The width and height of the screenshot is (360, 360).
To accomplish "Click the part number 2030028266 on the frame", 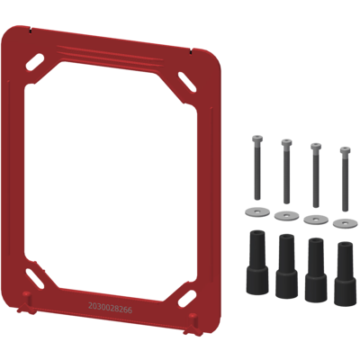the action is point(110,308).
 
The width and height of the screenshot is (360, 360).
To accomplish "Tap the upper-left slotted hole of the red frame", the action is point(35,62).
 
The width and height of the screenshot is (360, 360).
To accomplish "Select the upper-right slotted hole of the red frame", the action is point(187,82).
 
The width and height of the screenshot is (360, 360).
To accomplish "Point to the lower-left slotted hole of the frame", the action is point(35,278).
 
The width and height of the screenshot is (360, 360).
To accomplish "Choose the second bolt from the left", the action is point(286,171).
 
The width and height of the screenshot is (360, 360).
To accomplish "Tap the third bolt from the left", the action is point(316,175).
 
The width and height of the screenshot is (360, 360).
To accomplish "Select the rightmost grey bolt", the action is point(345,179).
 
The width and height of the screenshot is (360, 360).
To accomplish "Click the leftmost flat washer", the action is point(257,212).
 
